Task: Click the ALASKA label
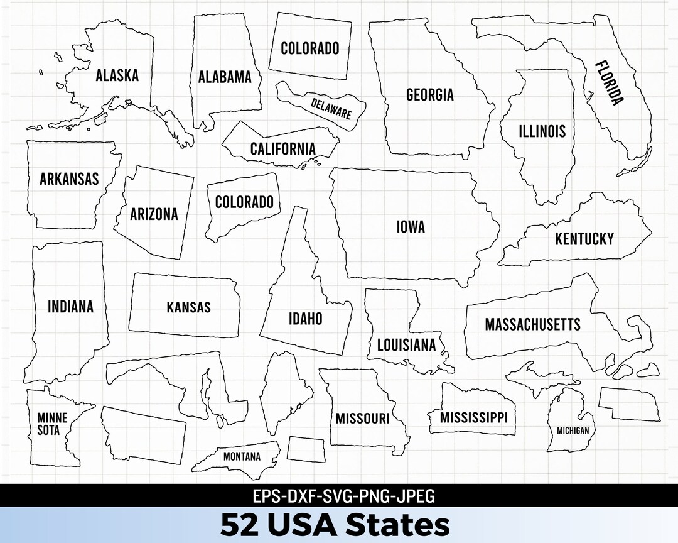tap(117, 75)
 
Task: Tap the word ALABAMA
tap(224, 77)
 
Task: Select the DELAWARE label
tap(331, 109)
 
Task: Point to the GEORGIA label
tap(429, 95)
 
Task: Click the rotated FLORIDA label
tap(608, 82)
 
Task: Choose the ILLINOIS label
tap(542, 131)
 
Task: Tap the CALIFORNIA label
tap(282, 149)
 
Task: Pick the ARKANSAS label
tap(69, 178)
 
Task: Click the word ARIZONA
tap(154, 214)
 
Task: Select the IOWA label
tap(411, 226)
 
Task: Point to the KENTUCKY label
tap(584, 239)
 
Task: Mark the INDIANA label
tap(70, 307)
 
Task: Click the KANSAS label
tap(188, 308)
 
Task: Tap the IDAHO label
tap(305, 319)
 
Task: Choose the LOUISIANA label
tap(406, 345)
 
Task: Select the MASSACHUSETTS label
tap(532, 324)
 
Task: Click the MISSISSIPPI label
tap(473, 417)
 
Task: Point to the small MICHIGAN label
tap(573, 431)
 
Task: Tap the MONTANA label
tap(242, 457)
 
